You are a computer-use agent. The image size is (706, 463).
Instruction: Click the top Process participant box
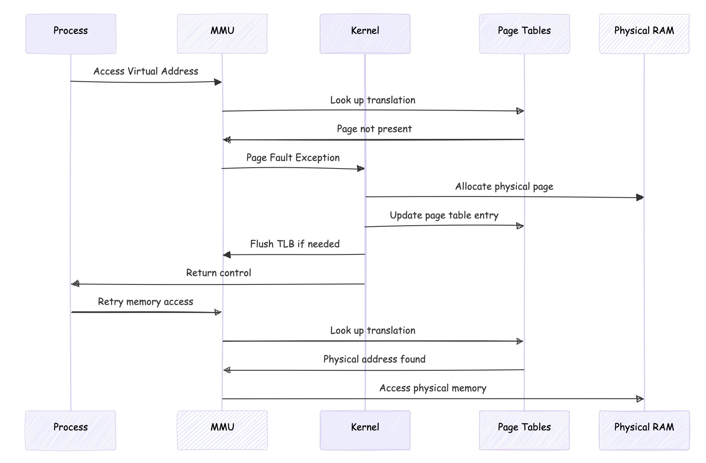click(x=70, y=34)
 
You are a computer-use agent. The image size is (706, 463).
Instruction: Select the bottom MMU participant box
click(x=222, y=430)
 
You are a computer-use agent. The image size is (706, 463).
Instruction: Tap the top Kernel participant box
click(x=365, y=34)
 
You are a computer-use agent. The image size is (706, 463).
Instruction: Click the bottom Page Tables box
click(x=524, y=430)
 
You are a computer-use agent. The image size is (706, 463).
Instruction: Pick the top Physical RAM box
click(x=644, y=34)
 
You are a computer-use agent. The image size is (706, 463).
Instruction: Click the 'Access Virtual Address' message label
click(x=145, y=71)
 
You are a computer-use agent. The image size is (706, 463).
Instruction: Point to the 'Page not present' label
click(x=374, y=129)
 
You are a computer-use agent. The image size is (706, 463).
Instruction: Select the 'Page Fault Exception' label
click(x=293, y=158)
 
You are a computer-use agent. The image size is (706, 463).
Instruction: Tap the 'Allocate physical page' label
click(x=504, y=186)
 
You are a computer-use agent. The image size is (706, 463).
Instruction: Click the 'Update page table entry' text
click(x=444, y=215)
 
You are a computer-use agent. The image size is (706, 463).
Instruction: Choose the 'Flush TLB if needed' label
click(x=295, y=244)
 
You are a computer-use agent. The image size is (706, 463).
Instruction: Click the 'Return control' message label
click(x=218, y=273)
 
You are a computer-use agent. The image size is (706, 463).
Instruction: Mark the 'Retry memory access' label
click(x=145, y=302)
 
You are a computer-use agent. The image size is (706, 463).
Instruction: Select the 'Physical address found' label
click(x=374, y=359)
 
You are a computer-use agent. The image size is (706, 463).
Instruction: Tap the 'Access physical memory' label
click(x=433, y=388)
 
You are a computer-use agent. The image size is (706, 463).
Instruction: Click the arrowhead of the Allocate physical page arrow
click(x=640, y=197)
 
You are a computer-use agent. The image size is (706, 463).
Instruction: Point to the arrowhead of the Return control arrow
click(x=75, y=284)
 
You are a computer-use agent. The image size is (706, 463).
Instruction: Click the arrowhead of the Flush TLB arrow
click(x=227, y=254)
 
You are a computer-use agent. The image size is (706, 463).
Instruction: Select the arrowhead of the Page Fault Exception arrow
click(x=361, y=169)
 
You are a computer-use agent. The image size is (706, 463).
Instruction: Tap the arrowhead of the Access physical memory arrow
click(x=640, y=399)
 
